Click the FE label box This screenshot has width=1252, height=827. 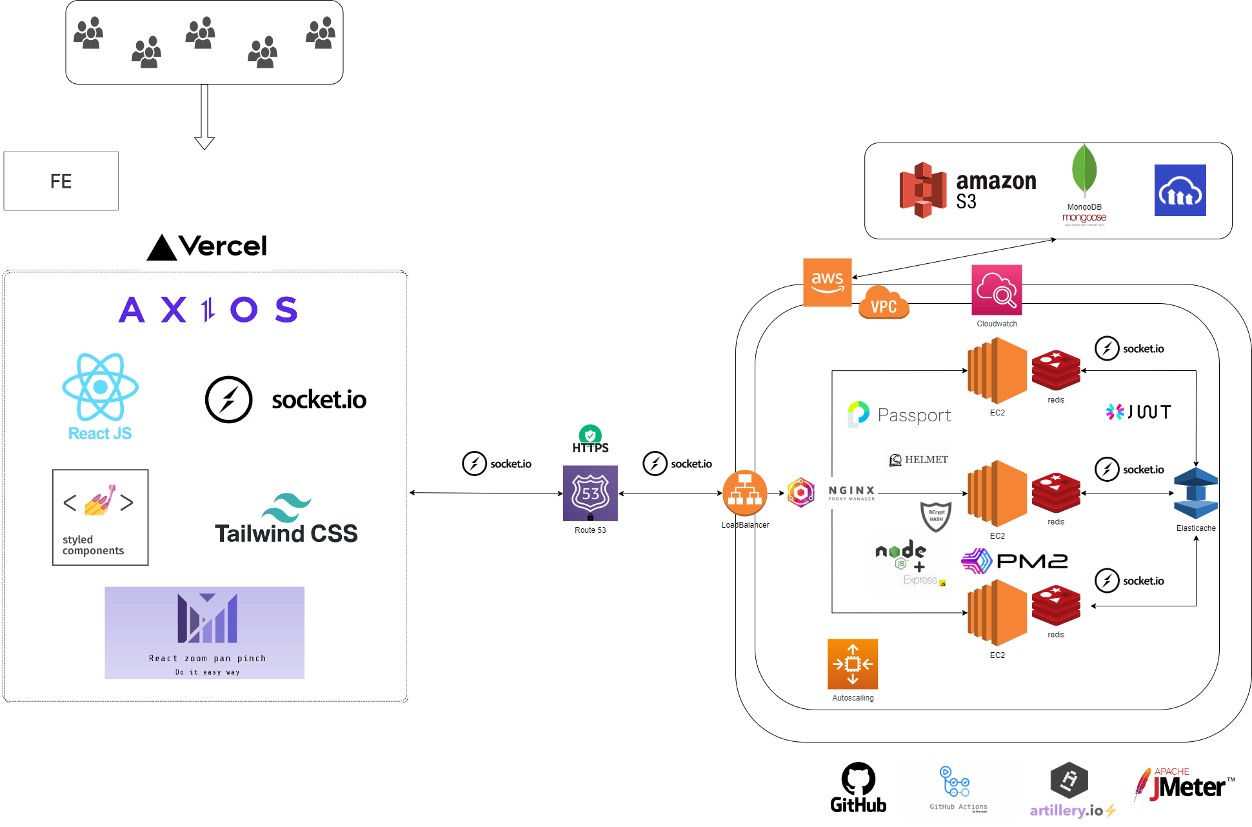61,181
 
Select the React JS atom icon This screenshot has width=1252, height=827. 100,387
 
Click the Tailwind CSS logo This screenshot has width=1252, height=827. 286,520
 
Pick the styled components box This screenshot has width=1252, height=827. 100,517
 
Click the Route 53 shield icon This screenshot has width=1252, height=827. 590,493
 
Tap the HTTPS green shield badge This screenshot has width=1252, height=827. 590,435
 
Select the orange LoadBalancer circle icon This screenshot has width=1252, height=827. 744,493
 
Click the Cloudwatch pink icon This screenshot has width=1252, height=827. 997,290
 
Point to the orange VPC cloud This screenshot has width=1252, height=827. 884,303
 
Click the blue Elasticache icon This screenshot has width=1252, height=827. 1196,493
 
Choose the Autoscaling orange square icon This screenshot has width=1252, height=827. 853,664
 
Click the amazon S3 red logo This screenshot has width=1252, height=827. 923,190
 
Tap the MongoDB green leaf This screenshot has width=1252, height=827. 1084,169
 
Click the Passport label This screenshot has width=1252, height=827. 914,415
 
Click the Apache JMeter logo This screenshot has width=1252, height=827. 1186,785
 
